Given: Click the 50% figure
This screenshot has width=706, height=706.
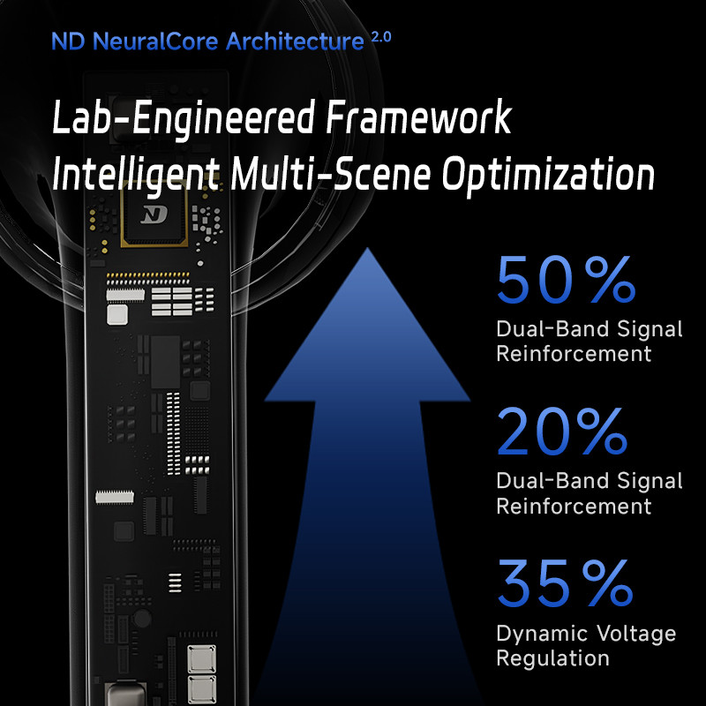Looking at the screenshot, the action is tap(567, 280).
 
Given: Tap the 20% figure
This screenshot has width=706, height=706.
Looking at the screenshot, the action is tap(562, 432).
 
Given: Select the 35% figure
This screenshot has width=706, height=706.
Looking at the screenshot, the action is tap(566, 583).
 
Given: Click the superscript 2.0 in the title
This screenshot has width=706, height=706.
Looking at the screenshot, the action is tap(381, 37).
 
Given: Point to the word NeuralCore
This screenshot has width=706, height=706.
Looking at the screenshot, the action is tap(155, 41).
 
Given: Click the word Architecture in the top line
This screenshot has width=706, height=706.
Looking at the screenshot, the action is tap(295, 41).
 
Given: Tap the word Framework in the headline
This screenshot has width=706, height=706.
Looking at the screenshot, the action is tap(418, 117).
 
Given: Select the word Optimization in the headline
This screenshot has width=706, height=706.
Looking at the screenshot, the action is tap(548, 175).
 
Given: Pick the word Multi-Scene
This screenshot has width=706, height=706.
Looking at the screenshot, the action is tap(331, 173).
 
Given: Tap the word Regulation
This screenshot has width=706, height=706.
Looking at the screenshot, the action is tap(552, 659).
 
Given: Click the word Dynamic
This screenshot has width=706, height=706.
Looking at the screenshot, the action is tap(542, 635).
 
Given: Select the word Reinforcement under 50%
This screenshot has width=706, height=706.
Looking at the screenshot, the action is tap(574, 354).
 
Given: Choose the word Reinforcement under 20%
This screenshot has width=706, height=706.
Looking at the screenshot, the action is tap(574, 506).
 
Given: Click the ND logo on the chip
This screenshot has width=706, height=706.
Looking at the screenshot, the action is tap(154, 214).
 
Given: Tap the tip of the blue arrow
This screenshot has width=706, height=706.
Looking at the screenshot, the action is tap(367, 248).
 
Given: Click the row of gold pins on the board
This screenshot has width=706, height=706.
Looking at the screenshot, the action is tap(147, 275).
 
